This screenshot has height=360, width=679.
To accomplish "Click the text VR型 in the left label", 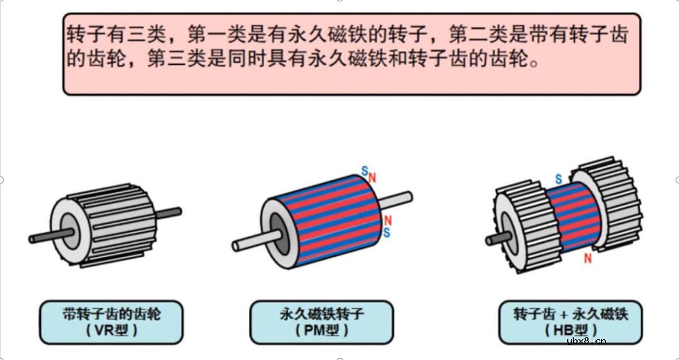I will click(111, 330).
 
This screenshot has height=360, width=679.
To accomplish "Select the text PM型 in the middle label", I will click(321, 330).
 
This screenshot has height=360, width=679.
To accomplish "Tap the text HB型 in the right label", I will click(571, 330).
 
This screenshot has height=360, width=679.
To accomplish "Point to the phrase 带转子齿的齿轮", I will click(111, 314).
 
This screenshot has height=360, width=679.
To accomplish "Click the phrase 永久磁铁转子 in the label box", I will click(321, 314).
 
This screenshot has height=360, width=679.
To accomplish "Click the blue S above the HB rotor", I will click(558, 180).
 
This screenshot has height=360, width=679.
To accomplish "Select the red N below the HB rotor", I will click(588, 258).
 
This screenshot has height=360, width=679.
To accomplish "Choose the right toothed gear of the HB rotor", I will click(607, 201).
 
